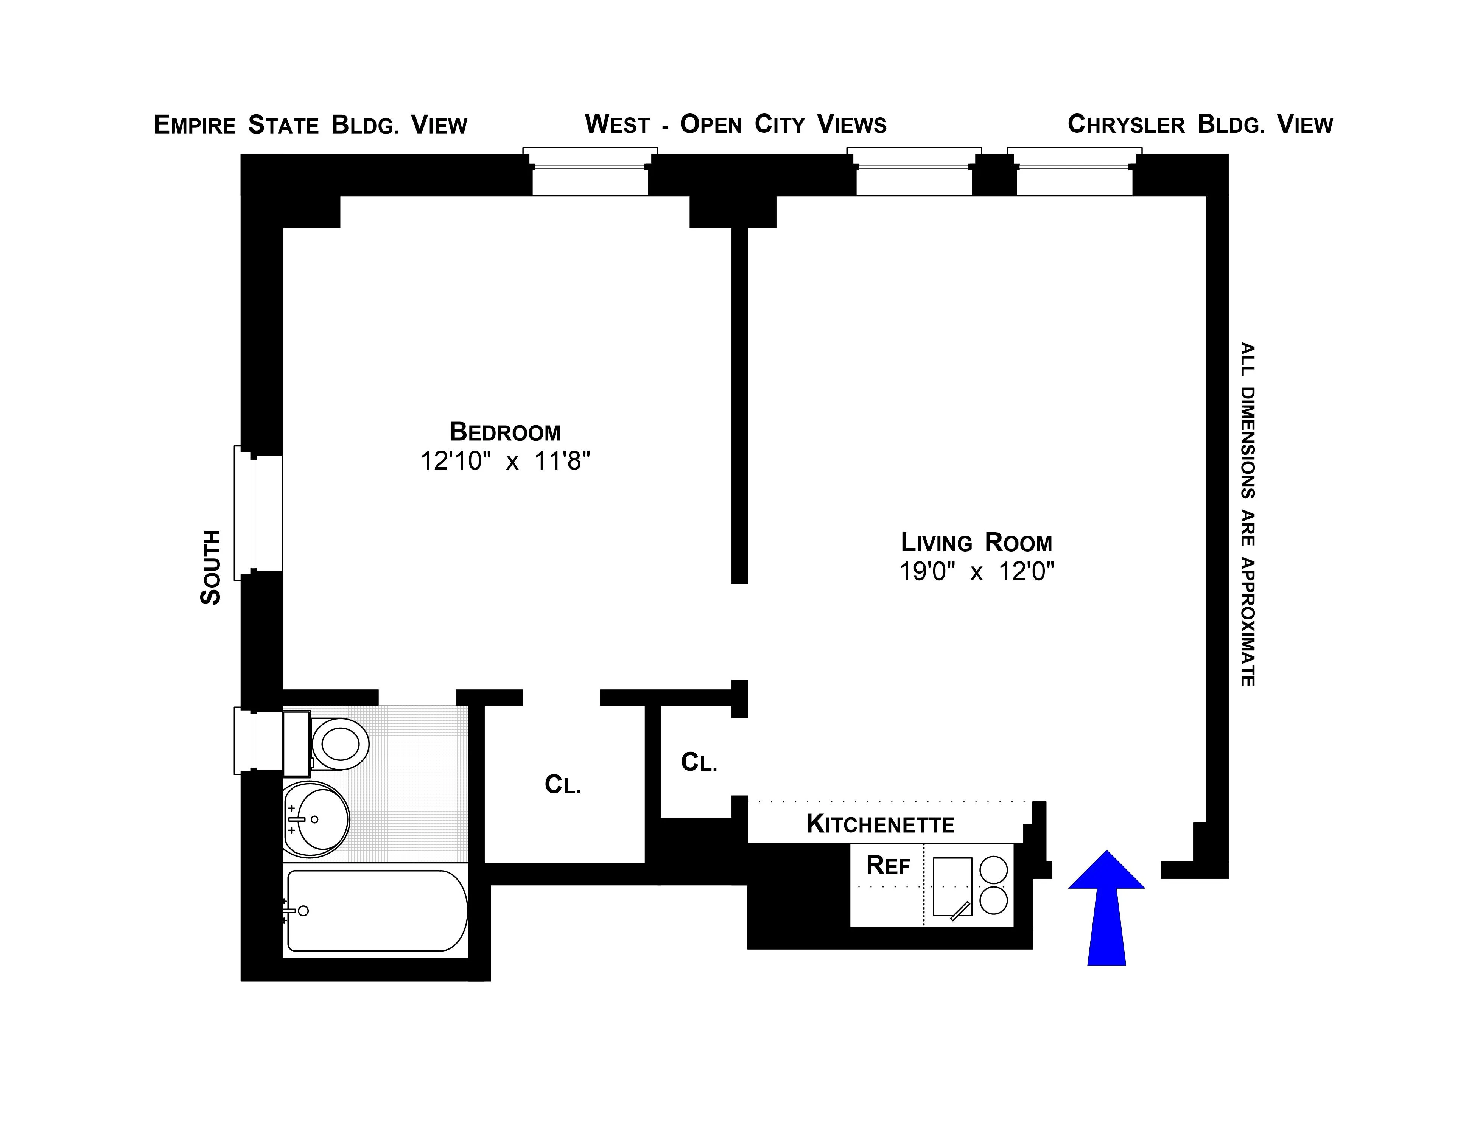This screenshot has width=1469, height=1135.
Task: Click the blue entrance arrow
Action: [1106, 908]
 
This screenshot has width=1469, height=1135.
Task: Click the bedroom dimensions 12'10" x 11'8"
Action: [505, 461]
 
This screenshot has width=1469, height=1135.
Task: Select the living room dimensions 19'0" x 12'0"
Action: [977, 572]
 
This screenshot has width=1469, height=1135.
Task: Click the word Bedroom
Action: [505, 432]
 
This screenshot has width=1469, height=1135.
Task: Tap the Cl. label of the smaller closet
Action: [699, 762]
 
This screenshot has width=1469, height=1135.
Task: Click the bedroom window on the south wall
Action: [258, 513]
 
